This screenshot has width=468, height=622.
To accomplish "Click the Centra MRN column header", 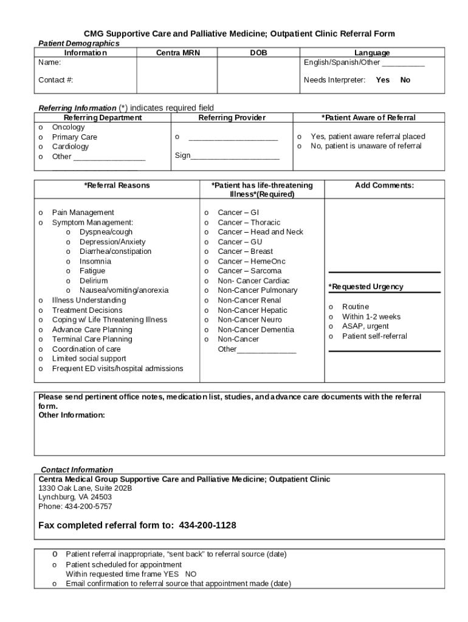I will click(x=177, y=53).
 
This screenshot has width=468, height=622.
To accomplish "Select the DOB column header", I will click(x=258, y=53).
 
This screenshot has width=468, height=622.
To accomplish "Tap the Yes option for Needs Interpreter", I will click(x=382, y=80).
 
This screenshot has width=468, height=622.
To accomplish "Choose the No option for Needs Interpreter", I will click(x=405, y=80).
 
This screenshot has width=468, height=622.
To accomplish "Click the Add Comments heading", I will click(x=384, y=185).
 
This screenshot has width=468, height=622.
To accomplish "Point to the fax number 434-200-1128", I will click(x=207, y=525).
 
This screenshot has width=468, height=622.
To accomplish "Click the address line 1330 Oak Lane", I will click(x=85, y=488).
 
